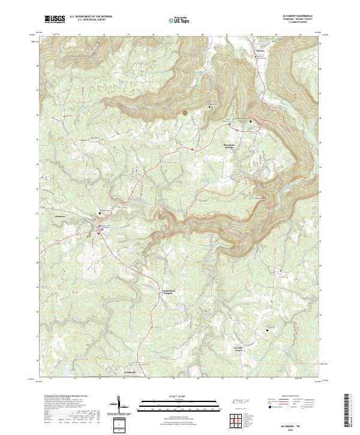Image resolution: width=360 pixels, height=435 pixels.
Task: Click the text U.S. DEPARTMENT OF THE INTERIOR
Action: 91,17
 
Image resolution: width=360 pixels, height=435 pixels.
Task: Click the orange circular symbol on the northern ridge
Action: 185,112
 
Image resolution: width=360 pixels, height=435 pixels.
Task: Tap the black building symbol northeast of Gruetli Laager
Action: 268,329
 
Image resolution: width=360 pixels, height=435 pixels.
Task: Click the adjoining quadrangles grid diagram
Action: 238,419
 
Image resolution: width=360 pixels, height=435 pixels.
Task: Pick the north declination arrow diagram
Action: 122,408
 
